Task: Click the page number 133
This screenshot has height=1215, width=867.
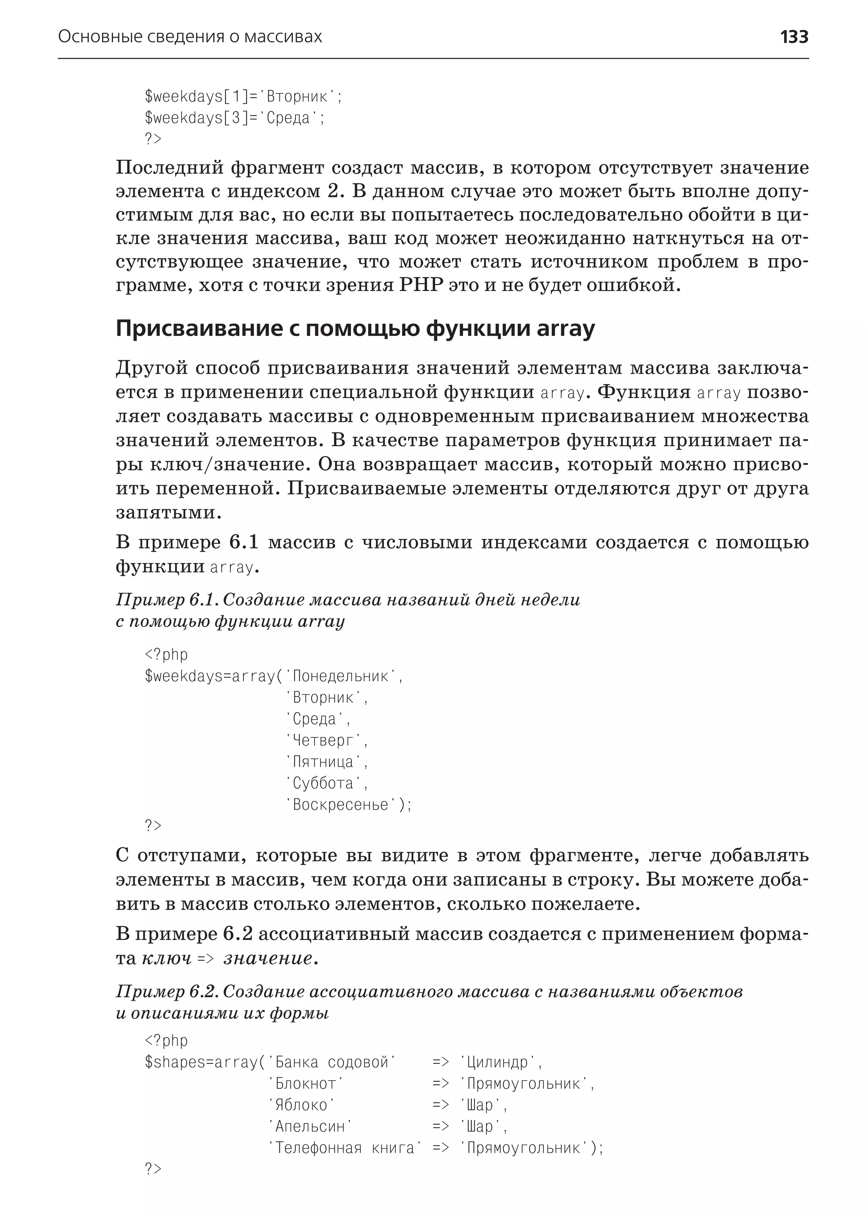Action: coord(794,37)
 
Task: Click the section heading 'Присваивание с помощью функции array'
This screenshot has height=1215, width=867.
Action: coord(355,329)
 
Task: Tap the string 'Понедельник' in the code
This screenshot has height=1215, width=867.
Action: coord(341,677)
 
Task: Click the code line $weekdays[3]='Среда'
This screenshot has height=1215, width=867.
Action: coord(235,117)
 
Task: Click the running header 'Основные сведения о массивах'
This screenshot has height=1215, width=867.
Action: coord(190,37)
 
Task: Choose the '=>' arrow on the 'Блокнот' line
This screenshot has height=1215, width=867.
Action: coord(440,1084)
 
